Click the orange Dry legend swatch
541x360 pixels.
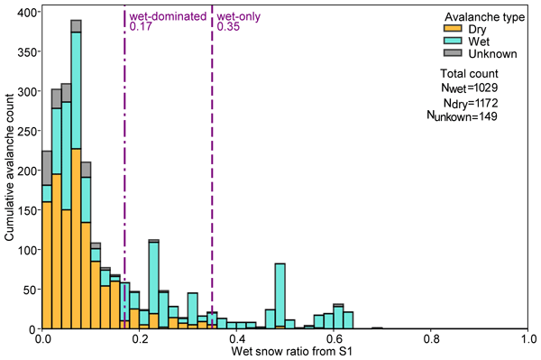coord(453,29)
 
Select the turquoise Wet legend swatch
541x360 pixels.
coord(453,41)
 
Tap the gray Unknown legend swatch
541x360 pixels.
coord(453,53)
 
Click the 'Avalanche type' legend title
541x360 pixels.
coord(484,17)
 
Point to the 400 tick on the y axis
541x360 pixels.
coord(41,12)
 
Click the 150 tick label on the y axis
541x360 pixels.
coord(28,210)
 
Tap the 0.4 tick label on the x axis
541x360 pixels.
coord(236,339)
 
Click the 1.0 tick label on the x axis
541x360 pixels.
coord(527,339)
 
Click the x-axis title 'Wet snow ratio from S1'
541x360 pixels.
coord(291,351)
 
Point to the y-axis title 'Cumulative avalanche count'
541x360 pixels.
coord(9,167)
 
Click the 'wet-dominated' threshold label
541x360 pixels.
coord(168,16)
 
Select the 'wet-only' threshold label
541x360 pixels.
coord(238,16)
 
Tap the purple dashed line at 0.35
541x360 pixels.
coord(212,167)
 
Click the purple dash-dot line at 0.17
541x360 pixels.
coord(124,167)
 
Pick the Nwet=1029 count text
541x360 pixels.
coord(469,88)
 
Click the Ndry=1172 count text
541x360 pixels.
coord(471,103)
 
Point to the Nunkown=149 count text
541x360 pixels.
coord(462,116)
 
